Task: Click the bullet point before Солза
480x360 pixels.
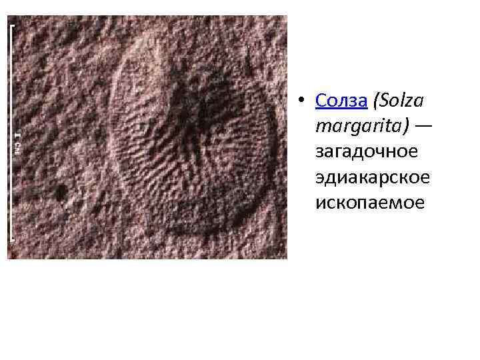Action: coord(302,101)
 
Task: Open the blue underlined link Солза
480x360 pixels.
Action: coord(341,101)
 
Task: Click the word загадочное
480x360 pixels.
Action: coord(367,152)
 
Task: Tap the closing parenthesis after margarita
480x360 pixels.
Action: coord(405,126)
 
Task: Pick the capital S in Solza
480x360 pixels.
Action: coord(385,101)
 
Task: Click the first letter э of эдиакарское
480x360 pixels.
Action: coord(321,178)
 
